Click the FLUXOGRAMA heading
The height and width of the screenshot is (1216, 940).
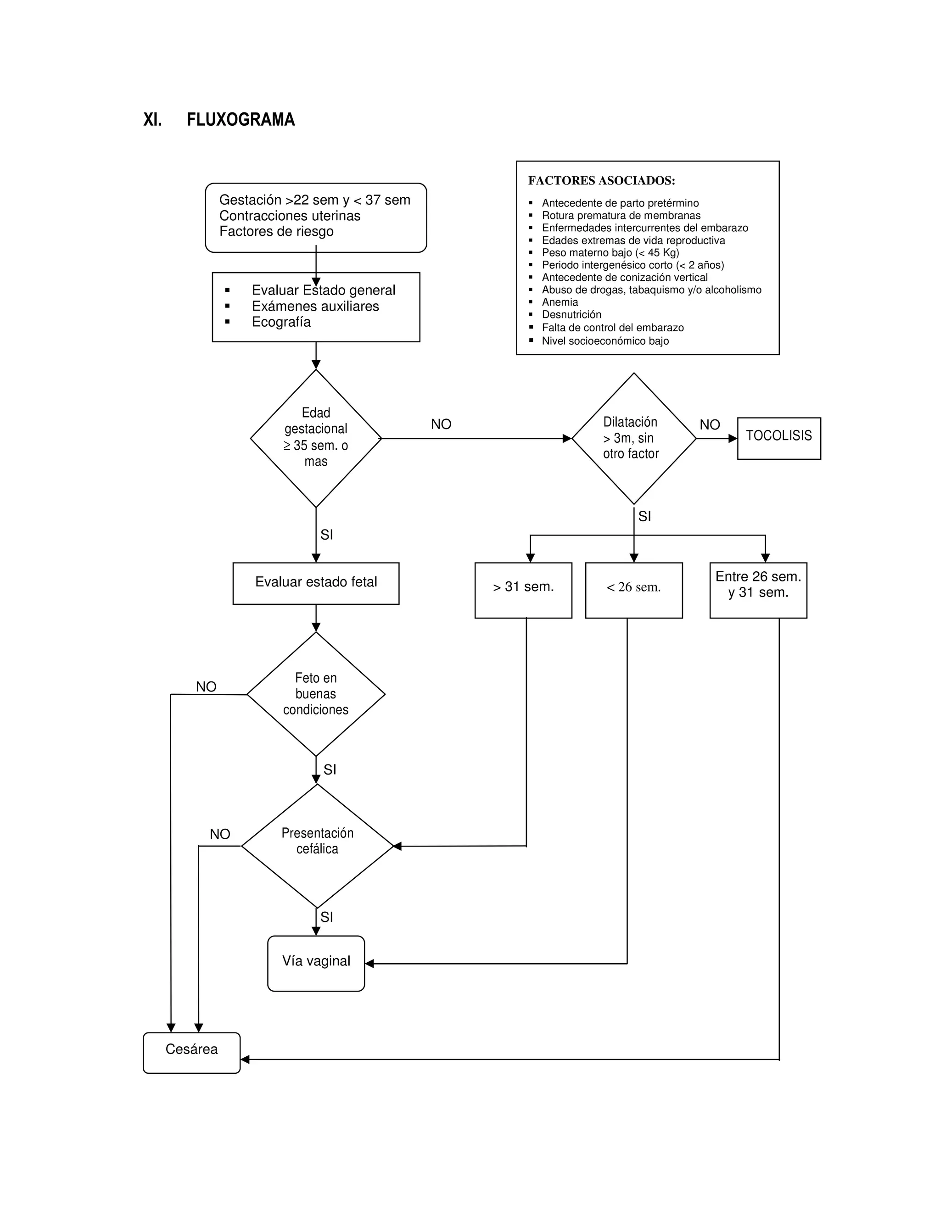point(240,120)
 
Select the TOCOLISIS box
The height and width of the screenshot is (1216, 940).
point(778,438)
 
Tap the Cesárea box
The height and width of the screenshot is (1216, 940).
point(191,1053)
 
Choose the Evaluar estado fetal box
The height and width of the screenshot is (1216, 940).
point(316,583)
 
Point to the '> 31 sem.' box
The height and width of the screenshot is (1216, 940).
point(523,590)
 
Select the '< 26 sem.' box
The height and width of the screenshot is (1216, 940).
point(634,590)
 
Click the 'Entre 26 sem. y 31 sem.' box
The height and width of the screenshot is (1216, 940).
point(758,590)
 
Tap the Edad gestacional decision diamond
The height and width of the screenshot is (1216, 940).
point(316,438)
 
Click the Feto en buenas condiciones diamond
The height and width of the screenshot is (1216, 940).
point(316,694)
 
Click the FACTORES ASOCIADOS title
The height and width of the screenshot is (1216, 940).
point(601,180)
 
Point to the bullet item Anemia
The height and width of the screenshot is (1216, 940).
point(560,302)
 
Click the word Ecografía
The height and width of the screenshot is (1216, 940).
point(281,322)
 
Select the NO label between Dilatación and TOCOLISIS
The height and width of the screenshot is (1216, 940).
point(710,425)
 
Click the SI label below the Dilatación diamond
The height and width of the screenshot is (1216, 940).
point(644,517)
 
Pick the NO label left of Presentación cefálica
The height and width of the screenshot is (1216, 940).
point(219,834)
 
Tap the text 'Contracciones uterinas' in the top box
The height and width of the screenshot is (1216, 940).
point(290,216)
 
